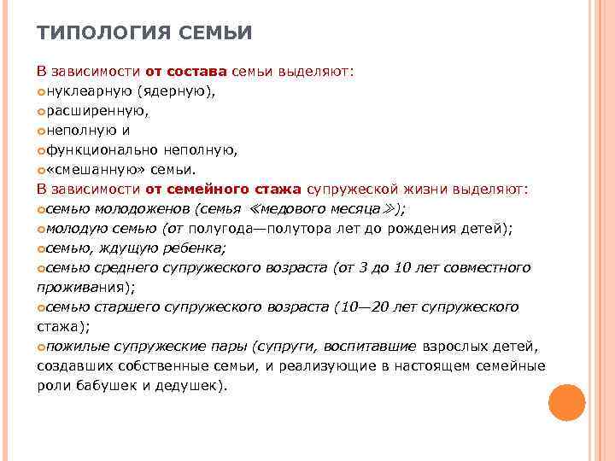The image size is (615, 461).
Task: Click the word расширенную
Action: coord(98,111)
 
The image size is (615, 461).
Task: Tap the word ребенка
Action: coord(193,248)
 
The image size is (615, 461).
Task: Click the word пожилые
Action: coord(75,346)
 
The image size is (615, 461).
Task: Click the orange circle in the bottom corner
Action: coord(565,402)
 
